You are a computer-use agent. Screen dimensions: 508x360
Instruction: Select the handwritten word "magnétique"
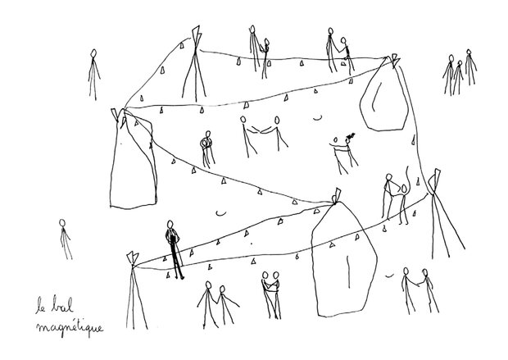click(70, 327)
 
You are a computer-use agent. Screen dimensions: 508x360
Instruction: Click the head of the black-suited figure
click(170, 225)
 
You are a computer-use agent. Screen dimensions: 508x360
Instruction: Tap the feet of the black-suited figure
click(179, 278)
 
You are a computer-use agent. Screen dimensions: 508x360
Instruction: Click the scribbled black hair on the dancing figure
click(350, 135)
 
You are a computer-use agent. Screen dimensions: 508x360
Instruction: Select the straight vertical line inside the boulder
click(348, 271)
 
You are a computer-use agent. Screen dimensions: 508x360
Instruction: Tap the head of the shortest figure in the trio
click(460, 63)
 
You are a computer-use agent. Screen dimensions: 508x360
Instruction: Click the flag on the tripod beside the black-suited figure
click(133, 257)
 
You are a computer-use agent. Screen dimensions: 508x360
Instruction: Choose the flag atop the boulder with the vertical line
click(336, 195)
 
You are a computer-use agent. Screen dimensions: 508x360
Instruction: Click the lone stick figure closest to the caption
click(65, 239)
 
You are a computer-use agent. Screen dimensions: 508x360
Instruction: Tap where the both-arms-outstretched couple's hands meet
click(260, 131)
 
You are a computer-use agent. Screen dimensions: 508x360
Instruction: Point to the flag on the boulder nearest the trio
click(394, 60)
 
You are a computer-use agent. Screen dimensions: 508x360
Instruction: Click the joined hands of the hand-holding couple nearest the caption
click(215, 301)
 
